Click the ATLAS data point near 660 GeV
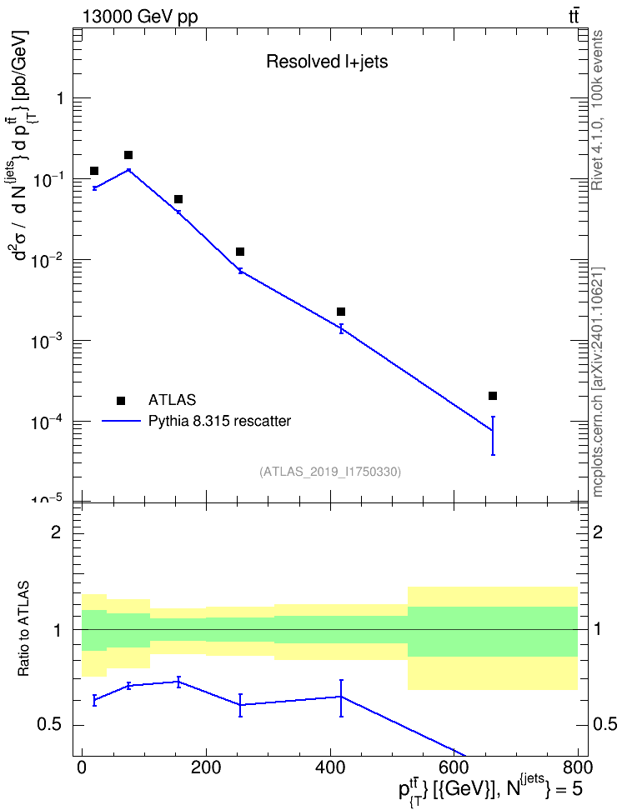(x=493, y=396)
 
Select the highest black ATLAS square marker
(x=128, y=155)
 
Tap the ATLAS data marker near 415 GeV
(x=341, y=312)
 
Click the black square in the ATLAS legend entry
(x=121, y=400)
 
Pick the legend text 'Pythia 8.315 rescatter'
(x=220, y=421)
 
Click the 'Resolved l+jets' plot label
(x=327, y=62)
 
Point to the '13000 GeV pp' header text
(x=139, y=17)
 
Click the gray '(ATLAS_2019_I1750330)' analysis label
(x=330, y=472)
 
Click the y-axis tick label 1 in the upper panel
(x=60, y=98)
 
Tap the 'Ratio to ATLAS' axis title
(x=23, y=629)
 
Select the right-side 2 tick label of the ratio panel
(x=598, y=532)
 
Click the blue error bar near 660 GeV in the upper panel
(x=493, y=436)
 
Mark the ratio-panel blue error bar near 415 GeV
(x=341, y=697)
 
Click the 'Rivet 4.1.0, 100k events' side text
(x=597, y=110)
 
